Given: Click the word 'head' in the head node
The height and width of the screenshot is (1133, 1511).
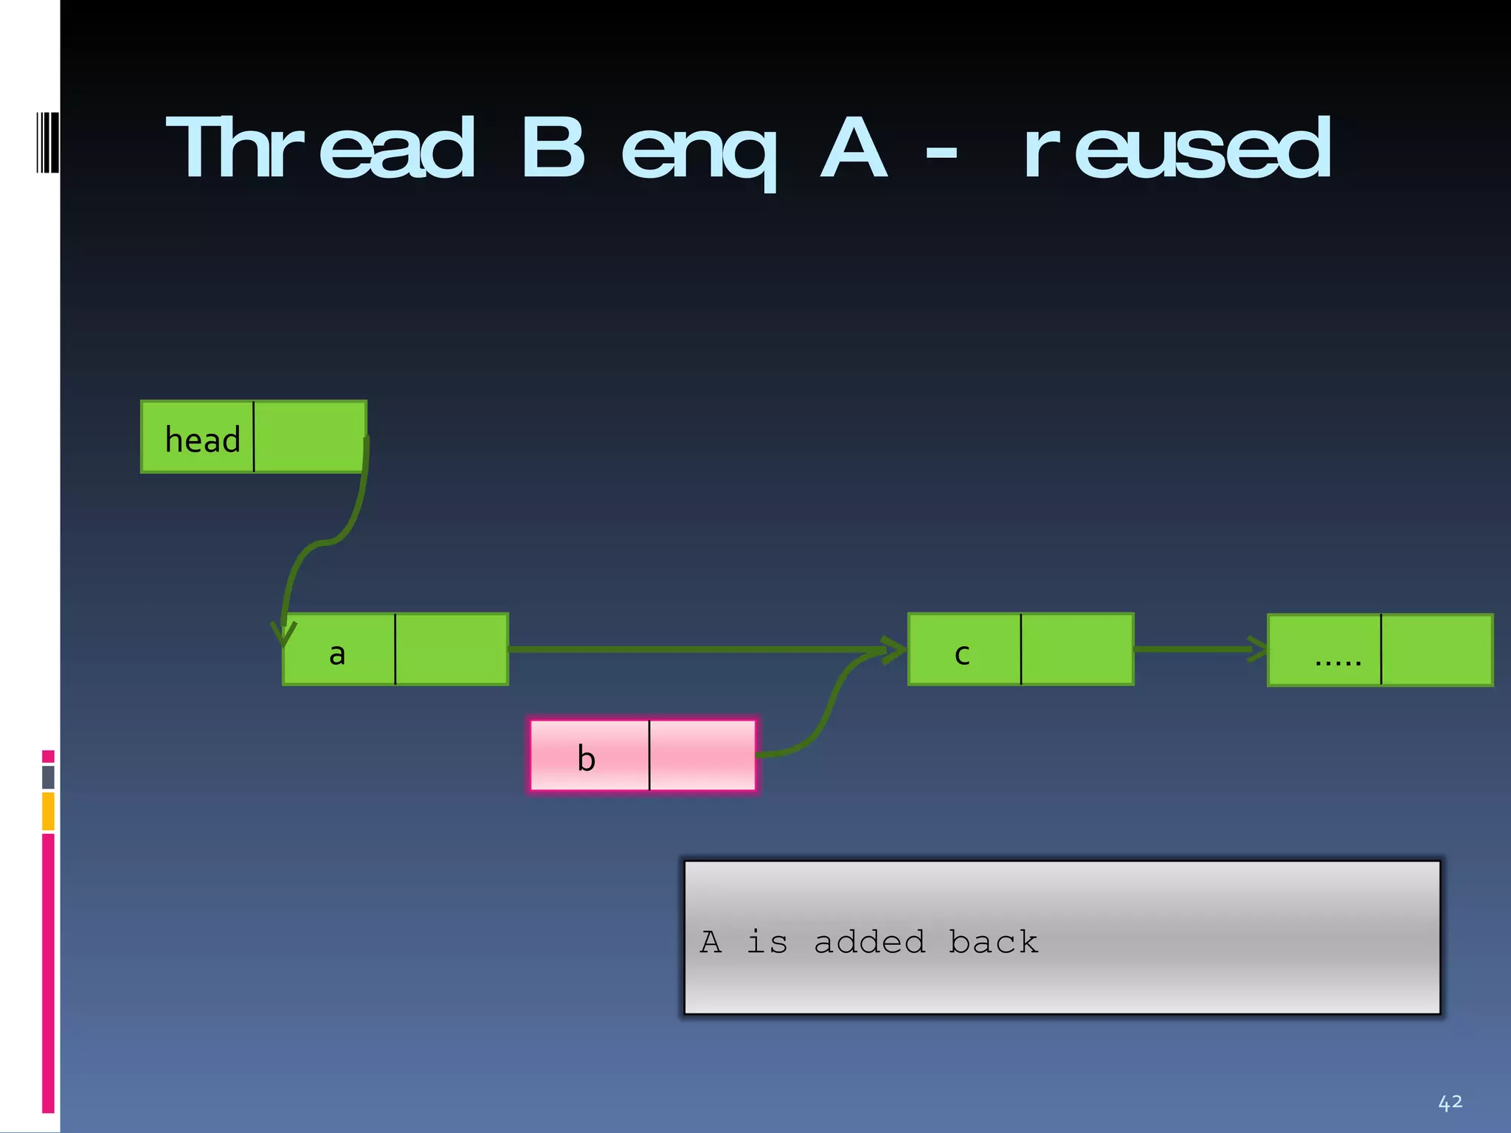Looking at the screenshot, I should pyautogui.click(x=202, y=440).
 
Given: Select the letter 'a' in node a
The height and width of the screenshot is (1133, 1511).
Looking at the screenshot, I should pyautogui.click(x=337, y=654).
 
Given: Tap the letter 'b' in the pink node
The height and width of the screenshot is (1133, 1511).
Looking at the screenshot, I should pyautogui.click(x=586, y=758).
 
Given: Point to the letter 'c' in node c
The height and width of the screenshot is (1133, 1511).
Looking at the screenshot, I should pyautogui.click(x=962, y=654).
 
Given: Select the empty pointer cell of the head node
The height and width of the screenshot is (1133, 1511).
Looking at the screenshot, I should pyautogui.click(x=309, y=437).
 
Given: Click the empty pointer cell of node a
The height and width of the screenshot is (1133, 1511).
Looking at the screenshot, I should pyautogui.click(x=452, y=649).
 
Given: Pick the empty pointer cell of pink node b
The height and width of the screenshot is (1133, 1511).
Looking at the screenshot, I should pyautogui.click(x=702, y=755).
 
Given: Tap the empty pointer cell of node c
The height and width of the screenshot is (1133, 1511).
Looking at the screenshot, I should pyautogui.click(x=1077, y=649).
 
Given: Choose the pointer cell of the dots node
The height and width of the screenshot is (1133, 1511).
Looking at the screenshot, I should pyautogui.click(x=1436, y=650).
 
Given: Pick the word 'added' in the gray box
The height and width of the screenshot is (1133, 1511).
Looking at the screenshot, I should pyautogui.click(x=869, y=943).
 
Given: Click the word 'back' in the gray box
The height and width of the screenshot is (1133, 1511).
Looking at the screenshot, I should pyautogui.click(x=993, y=942).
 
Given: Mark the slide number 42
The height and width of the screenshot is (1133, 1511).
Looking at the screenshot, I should pyautogui.click(x=1450, y=1103).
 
